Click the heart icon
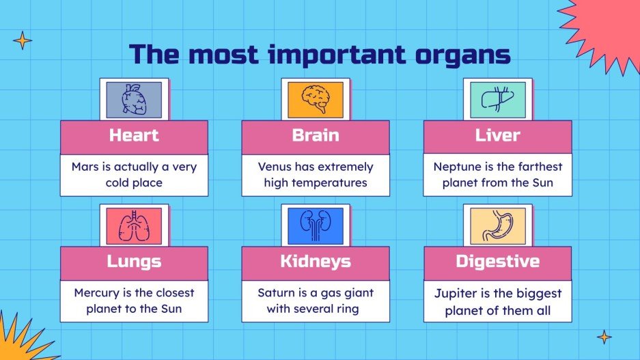133,100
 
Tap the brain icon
315,99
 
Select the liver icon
497,99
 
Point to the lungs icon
133,225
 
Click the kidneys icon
315,225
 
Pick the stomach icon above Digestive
497,225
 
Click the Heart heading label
134,135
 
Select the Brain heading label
316,135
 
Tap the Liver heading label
497,135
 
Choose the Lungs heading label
134,261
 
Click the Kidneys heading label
316,261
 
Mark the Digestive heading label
497,261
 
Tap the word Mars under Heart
86,167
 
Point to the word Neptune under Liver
458,167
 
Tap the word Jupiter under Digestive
456,292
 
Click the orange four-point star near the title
23,40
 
